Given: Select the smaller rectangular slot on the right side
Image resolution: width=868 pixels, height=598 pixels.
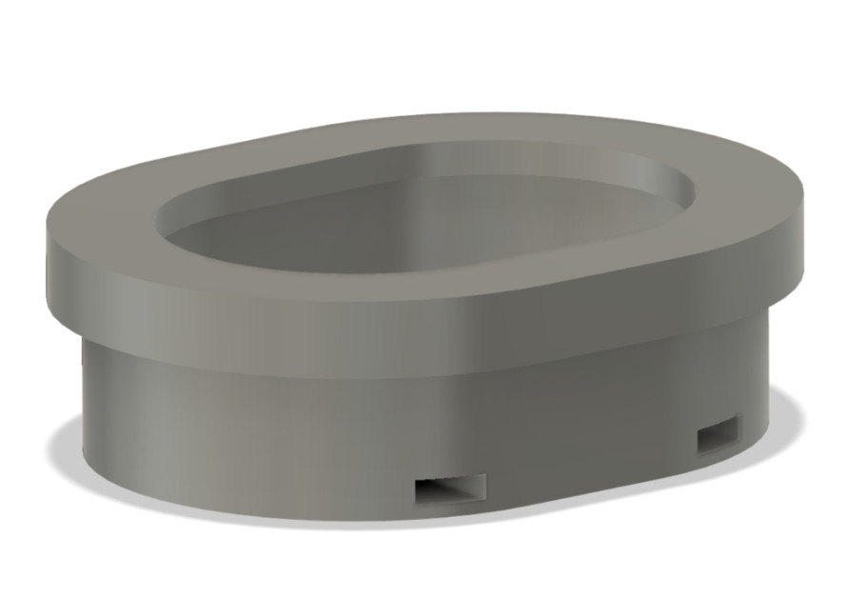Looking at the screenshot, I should [x=717, y=436].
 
